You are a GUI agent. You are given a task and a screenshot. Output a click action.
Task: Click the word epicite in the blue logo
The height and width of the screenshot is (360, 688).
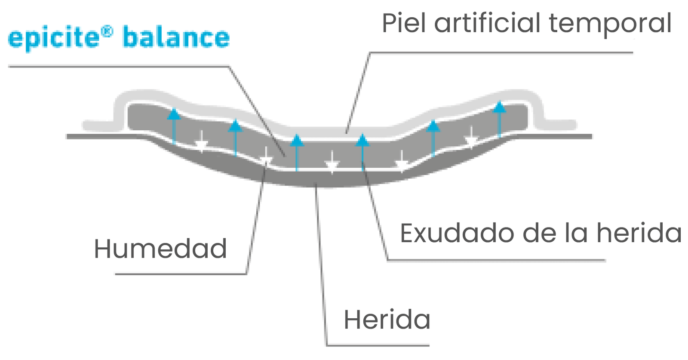54,38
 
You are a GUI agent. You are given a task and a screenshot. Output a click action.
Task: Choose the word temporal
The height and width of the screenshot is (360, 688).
610,24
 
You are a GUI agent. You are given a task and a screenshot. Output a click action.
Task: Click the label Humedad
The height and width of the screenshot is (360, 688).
160,249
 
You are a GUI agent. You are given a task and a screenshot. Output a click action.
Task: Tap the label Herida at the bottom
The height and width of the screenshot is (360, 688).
387,320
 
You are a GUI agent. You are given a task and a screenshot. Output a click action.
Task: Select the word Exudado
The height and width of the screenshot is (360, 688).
457,234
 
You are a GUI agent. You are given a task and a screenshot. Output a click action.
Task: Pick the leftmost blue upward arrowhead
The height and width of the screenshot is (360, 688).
174,114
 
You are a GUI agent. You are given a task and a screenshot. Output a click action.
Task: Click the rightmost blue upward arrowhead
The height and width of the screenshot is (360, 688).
499,107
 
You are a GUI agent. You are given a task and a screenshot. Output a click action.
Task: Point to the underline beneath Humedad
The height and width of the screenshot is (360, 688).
181,274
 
